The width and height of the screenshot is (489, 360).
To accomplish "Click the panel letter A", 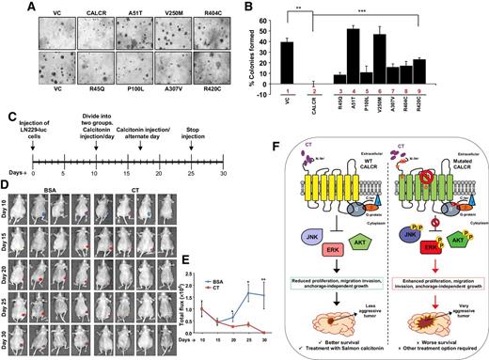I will click(8, 8).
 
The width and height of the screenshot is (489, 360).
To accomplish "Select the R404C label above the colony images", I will click(212, 14).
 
